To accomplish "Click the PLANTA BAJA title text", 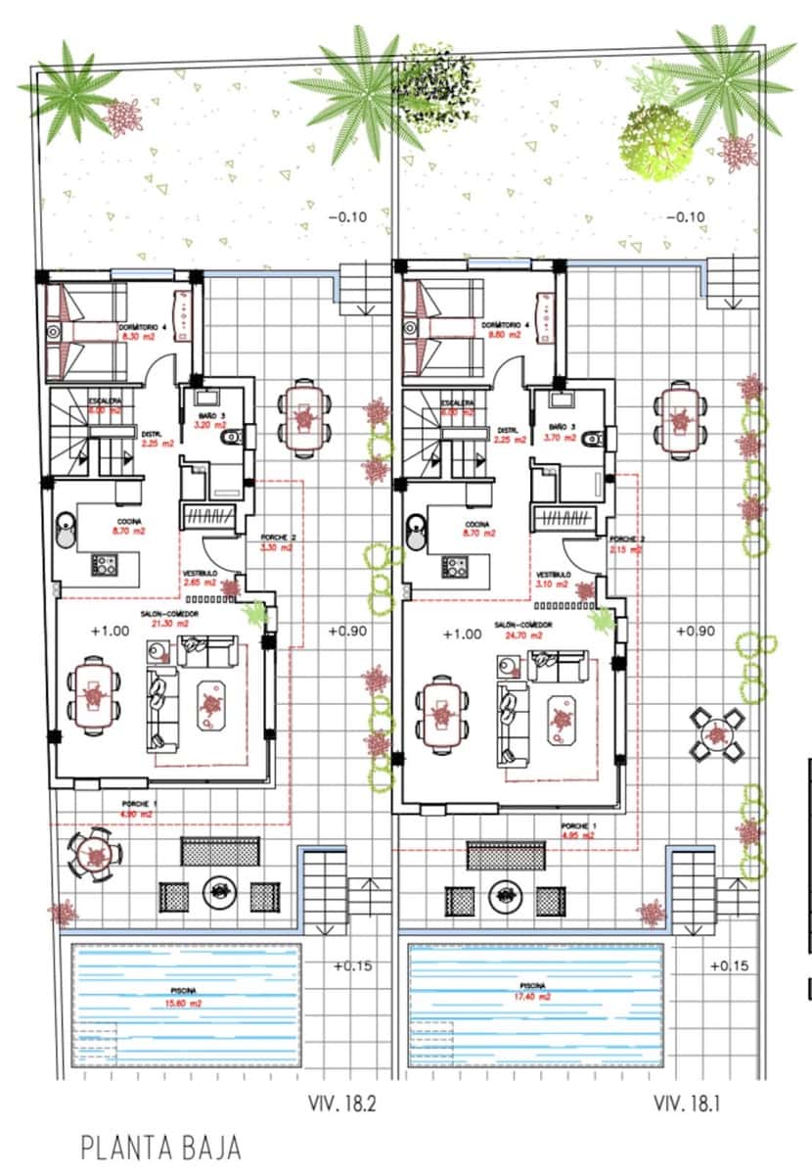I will [160, 1148].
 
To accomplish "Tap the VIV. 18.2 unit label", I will [343, 1104].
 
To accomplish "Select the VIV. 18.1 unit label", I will [688, 1104].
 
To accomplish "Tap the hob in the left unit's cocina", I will [104, 565].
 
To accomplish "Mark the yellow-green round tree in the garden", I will [656, 141].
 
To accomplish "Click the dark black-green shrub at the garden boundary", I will [433, 88].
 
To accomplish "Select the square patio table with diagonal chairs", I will [714, 734].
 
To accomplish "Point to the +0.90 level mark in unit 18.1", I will [695, 632].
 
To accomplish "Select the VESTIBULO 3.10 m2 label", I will [554, 580].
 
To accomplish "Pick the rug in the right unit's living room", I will [562, 720].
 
